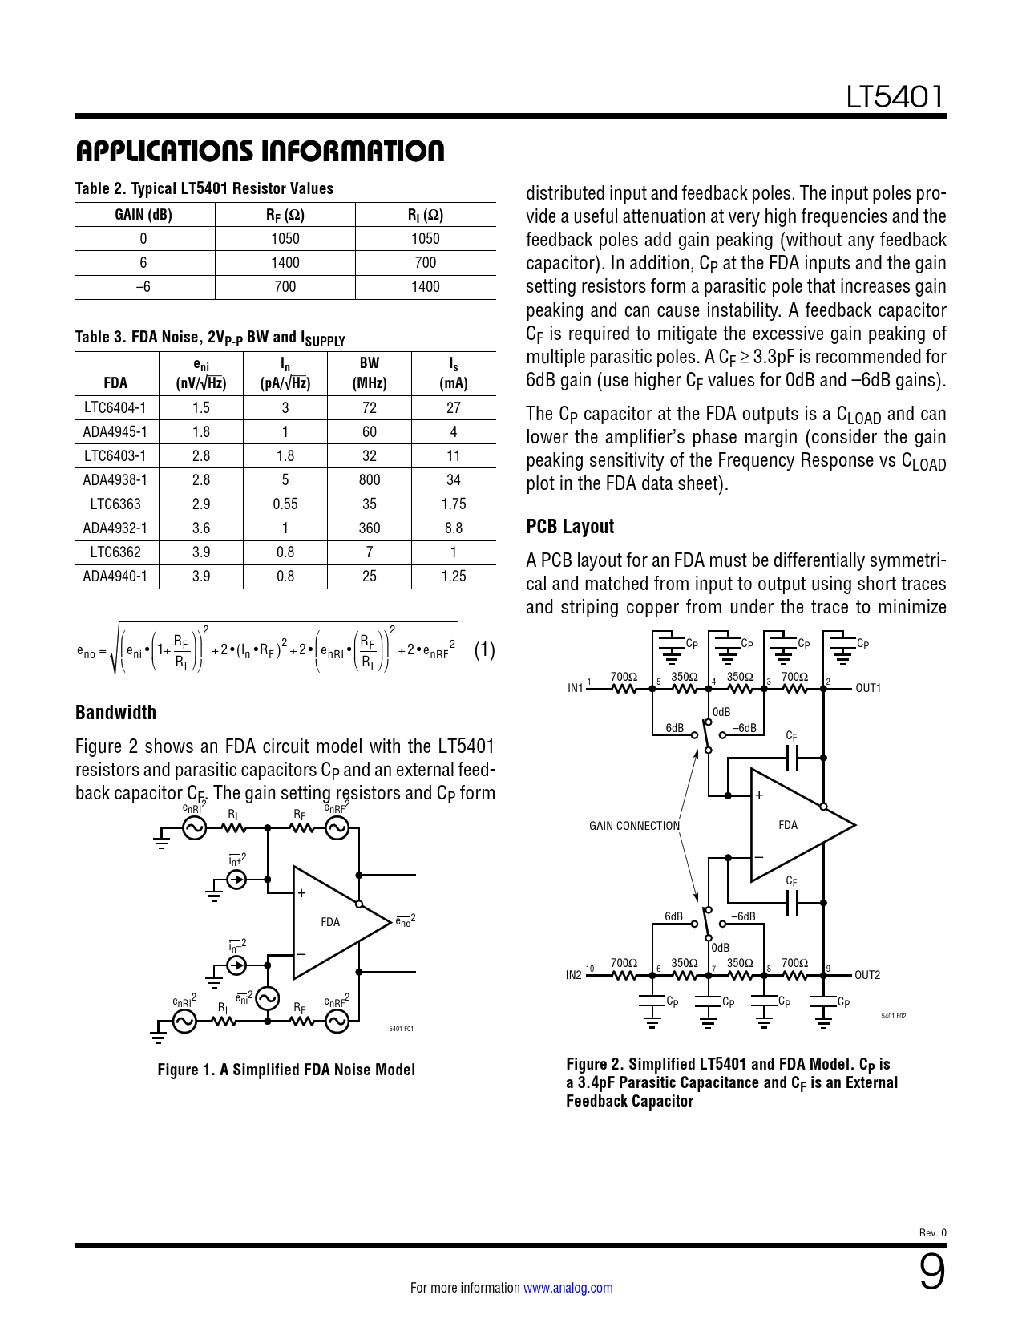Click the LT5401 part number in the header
895,97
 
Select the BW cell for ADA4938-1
370,479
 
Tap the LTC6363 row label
115,504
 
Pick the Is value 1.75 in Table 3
454,504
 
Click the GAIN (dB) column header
143,215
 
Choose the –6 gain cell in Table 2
143,287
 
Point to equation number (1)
484,650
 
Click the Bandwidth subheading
115,712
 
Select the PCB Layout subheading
570,526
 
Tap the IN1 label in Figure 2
576,688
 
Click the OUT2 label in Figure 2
867,975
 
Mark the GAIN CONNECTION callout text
634,826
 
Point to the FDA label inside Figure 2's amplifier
788,825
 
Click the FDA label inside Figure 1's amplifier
330,922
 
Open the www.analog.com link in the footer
568,1288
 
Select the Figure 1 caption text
286,1069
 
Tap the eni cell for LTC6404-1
201,408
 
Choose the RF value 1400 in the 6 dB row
285,263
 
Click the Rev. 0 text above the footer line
932,1233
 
